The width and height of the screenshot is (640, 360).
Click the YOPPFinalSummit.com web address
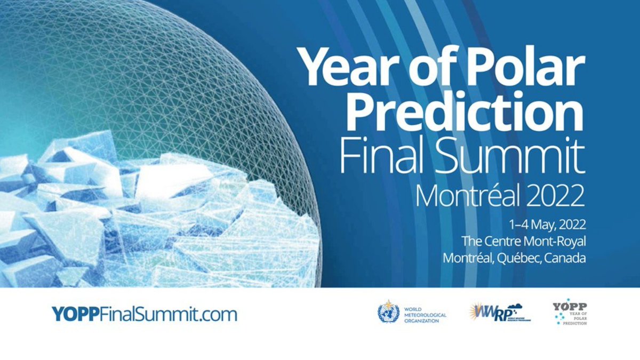[144, 314]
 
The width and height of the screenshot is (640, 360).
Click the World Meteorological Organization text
[425, 314]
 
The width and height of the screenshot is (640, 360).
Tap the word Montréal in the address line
[468, 259]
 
